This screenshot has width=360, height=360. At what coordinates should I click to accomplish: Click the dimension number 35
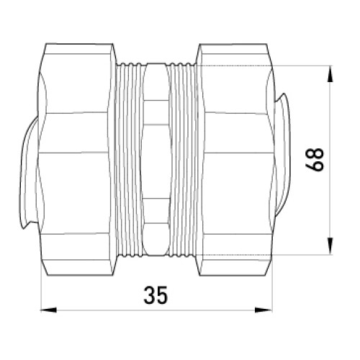(x=156, y=295)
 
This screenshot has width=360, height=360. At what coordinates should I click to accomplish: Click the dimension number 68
(x=315, y=160)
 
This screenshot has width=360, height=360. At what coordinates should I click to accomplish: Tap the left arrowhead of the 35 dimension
(x=49, y=310)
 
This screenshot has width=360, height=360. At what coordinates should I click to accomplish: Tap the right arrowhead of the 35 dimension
(x=264, y=310)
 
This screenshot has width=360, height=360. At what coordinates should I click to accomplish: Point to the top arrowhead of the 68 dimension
(x=330, y=74)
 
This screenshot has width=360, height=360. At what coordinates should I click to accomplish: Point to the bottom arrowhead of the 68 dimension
(x=330, y=246)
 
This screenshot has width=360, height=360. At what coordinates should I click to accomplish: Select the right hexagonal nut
(x=234, y=159)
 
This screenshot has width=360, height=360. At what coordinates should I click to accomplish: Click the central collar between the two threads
(x=156, y=159)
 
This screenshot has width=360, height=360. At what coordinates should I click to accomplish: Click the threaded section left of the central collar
(x=128, y=159)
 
